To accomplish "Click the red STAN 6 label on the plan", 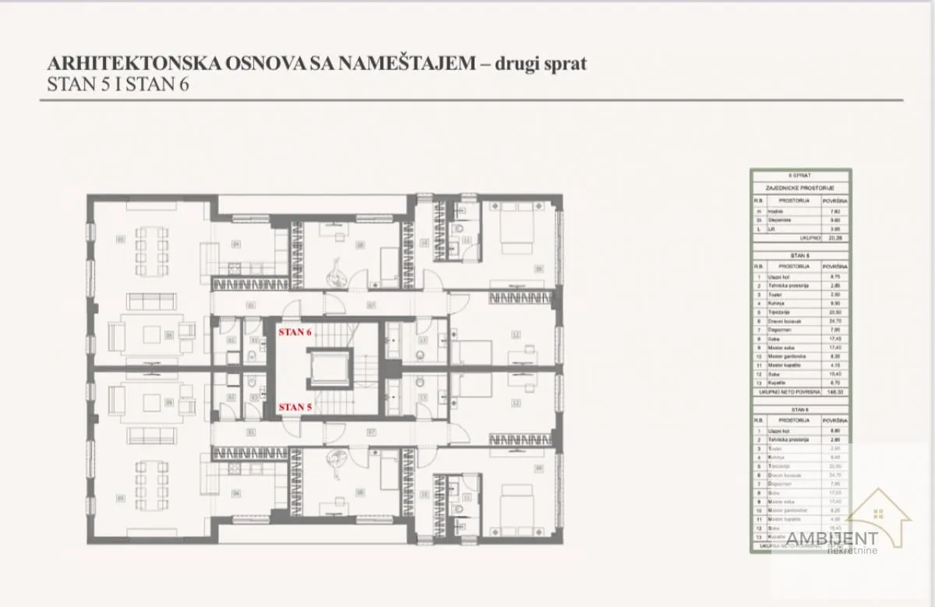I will (x=295, y=331).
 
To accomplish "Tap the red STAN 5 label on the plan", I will (x=295, y=406).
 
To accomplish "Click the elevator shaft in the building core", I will (x=328, y=369).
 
